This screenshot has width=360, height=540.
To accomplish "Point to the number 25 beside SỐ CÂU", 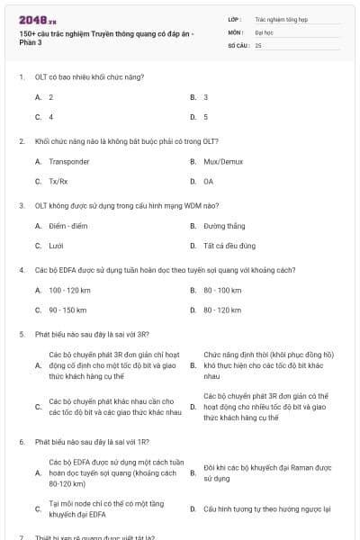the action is [x=258, y=45].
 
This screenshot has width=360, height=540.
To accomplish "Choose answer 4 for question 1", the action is [x=50, y=117].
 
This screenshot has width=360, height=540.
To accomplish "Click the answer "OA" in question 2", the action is [x=209, y=182].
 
